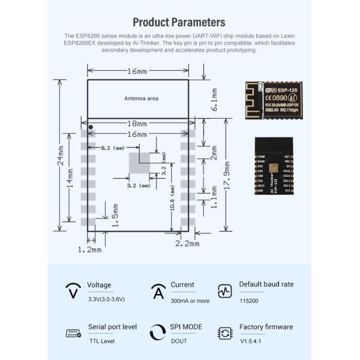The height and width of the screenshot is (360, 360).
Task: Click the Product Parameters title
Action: [179, 22]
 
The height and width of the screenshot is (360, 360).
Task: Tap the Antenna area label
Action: [141, 98]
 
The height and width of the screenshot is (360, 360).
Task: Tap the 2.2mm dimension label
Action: [187, 244]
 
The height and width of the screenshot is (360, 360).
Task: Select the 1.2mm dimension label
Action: [90, 248]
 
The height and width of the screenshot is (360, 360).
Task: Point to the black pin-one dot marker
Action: [91, 127]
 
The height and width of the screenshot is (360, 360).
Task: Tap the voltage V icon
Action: [73, 292]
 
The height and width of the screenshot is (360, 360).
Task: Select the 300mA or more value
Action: [190, 301]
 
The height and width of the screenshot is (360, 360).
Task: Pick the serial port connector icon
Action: [73, 334]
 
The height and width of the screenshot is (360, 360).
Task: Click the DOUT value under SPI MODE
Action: [179, 341]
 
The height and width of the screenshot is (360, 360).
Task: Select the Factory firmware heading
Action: [266, 327]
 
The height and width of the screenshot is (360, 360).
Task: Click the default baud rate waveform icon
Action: [225, 292]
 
